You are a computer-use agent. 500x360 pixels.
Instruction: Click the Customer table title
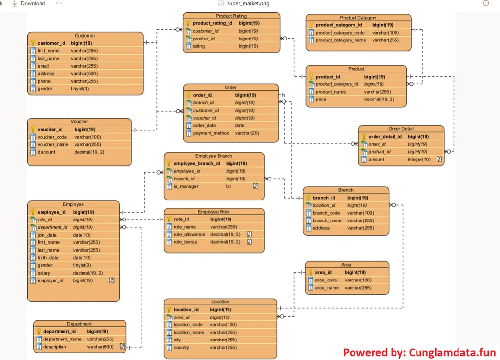click(x=85, y=36)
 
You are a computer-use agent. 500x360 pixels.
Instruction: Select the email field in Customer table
click(x=43, y=66)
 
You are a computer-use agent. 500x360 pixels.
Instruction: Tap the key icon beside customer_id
click(x=33, y=43)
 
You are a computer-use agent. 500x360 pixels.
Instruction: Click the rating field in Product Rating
click(x=199, y=46)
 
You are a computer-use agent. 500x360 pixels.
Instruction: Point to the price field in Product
click(x=321, y=100)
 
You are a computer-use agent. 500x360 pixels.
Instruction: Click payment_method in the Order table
click(x=211, y=133)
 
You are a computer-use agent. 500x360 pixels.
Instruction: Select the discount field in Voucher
click(x=46, y=152)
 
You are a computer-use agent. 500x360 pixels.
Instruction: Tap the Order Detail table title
click(x=401, y=129)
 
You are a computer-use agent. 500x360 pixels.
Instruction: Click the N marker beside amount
click(x=439, y=160)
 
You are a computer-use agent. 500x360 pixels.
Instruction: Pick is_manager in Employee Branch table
click(x=186, y=186)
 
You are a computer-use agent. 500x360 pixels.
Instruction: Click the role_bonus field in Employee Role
click(x=185, y=242)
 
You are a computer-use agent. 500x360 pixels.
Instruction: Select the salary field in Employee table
click(x=44, y=273)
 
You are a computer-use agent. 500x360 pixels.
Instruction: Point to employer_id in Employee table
click(x=50, y=280)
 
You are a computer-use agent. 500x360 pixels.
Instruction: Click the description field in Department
click(x=55, y=347)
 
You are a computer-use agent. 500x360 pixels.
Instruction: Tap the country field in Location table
click(x=182, y=348)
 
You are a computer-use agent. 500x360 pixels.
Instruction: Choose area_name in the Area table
click(x=327, y=288)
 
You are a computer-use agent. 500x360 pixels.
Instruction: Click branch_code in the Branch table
click(x=327, y=213)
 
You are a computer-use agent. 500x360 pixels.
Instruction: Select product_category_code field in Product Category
click(x=340, y=33)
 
